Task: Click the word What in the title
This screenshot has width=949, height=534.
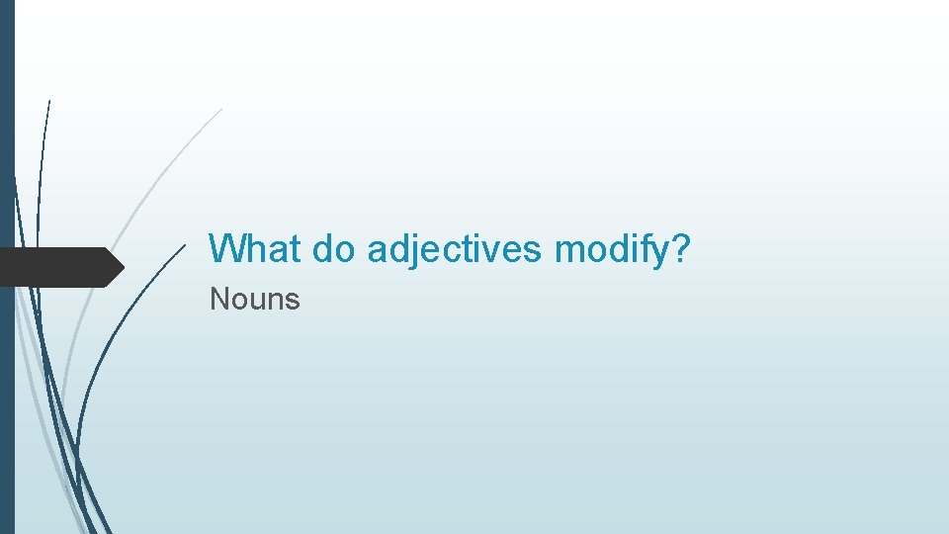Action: click(x=254, y=248)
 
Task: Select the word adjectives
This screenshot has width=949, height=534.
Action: click(x=454, y=248)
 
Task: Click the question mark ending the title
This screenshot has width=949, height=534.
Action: click(x=679, y=248)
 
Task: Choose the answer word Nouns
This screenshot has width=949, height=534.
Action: click(x=254, y=299)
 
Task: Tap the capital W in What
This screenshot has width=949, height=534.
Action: click(x=226, y=248)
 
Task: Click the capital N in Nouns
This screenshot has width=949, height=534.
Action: click(x=218, y=299)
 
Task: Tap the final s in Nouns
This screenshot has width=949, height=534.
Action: click(x=293, y=301)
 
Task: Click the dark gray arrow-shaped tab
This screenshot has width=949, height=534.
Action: click(x=59, y=267)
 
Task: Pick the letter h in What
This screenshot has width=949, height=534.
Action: click(x=251, y=248)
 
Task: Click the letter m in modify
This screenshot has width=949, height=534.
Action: click(x=569, y=251)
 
